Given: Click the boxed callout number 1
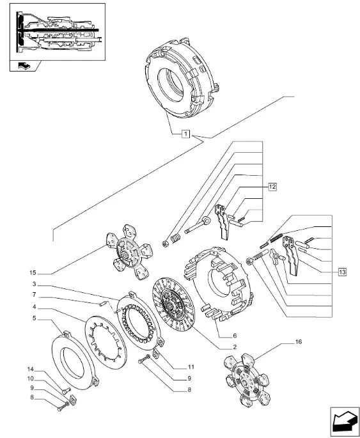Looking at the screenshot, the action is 185,134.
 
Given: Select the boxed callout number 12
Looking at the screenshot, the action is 272,187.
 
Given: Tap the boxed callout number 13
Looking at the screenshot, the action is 342,272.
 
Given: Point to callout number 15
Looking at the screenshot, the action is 33,273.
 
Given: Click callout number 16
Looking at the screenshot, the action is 299,341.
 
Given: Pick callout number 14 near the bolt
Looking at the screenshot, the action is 30,370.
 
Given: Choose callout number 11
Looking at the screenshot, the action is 191,367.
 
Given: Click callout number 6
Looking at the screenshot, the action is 235,336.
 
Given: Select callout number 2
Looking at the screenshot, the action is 235,347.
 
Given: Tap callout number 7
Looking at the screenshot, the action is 34,295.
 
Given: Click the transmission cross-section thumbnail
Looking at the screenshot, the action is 58,32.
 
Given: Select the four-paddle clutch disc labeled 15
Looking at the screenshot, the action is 129,251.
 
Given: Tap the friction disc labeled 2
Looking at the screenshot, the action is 174,306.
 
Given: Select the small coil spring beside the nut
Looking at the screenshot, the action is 175,239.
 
